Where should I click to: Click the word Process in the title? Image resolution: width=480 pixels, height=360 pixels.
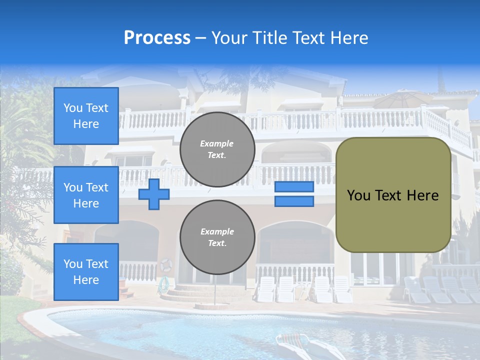pos(157,38)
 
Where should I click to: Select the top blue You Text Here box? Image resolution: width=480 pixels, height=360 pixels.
pos(86,116)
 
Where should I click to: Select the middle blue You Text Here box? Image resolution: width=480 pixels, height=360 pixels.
pos(86,195)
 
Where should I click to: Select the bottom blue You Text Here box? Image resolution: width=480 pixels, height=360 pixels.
pos(86,271)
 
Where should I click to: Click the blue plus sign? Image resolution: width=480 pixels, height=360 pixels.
pos(154,194)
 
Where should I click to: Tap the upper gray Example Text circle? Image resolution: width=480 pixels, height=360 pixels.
pos(217,149)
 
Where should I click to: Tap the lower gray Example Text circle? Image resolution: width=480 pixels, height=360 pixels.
pos(217,237)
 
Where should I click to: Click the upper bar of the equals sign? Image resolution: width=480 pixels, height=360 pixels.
pos(294,187)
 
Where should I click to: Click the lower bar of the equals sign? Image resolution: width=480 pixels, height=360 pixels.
pos(294,201)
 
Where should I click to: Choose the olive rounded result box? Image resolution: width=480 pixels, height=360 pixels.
pos(393,170)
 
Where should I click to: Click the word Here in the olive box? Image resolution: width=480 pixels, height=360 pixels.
pos(422,195)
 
